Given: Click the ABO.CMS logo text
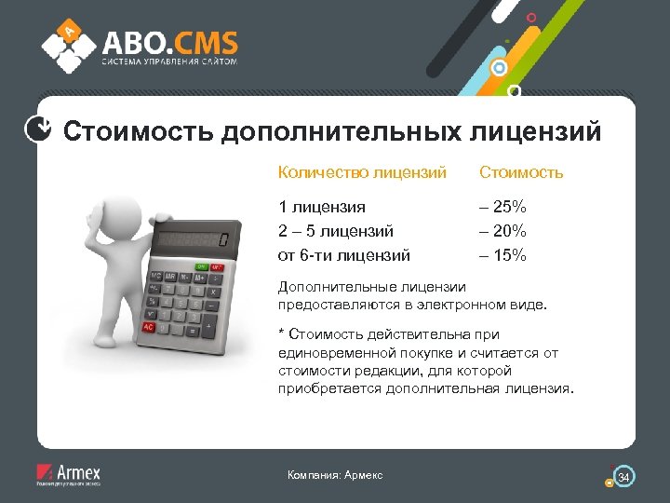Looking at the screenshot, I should pyautogui.click(x=169, y=42).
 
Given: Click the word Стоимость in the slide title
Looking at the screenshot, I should pyautogui.click(x=139, y=131).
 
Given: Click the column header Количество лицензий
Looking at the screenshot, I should pyautogui.click(x=362, y=172).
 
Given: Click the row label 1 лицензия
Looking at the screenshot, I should pyautogui.click(x=322, y=207).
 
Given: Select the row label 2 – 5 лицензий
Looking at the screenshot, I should pyautogui.click(x=335, y=230).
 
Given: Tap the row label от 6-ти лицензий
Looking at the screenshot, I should pyautogui.click(x=343, y=253).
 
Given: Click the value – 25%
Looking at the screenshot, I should pyautogui.click(x=503, y=207).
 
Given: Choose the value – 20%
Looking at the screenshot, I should pyautogui.click(x=503, y=230).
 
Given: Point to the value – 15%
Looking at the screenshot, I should pyautogui.click(x=503, y=253).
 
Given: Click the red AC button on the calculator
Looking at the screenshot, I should pyautogui.click(x=148, y=327).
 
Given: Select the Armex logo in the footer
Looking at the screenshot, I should pyautogui.click(x=68, y=474).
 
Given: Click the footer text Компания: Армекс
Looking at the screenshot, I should pyautogui.click(x=335, y=476).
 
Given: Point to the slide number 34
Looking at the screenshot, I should pyautogui.click(x=624, y=478).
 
